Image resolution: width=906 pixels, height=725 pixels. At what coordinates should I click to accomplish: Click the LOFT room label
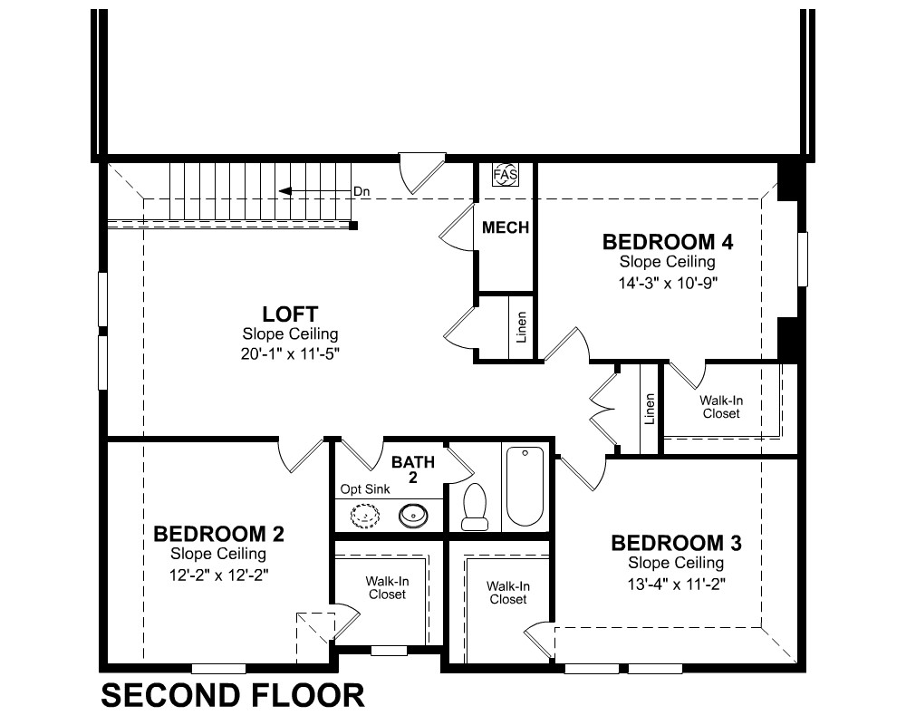click(x=290, y=314)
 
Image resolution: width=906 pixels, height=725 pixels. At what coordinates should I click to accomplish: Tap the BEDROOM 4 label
click(x=668, y=242)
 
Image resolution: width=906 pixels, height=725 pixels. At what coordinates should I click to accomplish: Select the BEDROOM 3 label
click(x=676, y=543)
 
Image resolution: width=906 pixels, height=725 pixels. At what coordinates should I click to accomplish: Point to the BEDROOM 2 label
click(x=218, y=534)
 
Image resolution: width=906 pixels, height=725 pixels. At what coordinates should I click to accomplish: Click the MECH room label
click(x=506, y=227)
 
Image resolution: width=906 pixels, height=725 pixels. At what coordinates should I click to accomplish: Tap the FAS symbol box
click(x=506, y=175)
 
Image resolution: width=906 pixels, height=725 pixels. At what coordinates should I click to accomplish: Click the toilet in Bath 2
click(x=475, y=507)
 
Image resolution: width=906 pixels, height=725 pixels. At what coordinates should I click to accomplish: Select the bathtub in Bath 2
click(x=525, y=486)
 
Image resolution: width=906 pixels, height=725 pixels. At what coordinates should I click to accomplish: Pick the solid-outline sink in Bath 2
click(x=413, y=514)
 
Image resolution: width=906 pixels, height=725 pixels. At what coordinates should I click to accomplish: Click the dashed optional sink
click(x=365, y=514)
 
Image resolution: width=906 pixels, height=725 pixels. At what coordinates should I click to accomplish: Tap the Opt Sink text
click(x=365, y=489)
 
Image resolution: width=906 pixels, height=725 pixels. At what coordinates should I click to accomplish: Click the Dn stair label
click(x=361, y=191)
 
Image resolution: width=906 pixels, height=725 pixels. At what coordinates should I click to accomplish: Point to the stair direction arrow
click(x=315, y=191)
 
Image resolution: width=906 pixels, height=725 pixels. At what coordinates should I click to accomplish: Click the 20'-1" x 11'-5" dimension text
click(x=290, y=353)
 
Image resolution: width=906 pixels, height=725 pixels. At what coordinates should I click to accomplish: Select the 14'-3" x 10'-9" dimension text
click(x=668, y=284)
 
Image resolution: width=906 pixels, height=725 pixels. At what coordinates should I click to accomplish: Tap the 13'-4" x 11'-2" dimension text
click(x=676, y=585)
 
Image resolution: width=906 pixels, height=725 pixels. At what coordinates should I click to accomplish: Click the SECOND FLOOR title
click(x=233, y=695)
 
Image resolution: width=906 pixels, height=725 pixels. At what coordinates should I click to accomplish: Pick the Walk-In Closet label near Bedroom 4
click(x=721, y=407)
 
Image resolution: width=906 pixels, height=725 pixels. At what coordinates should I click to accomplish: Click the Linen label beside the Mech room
click(x=521, y=327)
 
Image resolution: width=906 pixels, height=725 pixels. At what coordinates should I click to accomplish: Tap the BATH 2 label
click(x=413, y=469)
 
